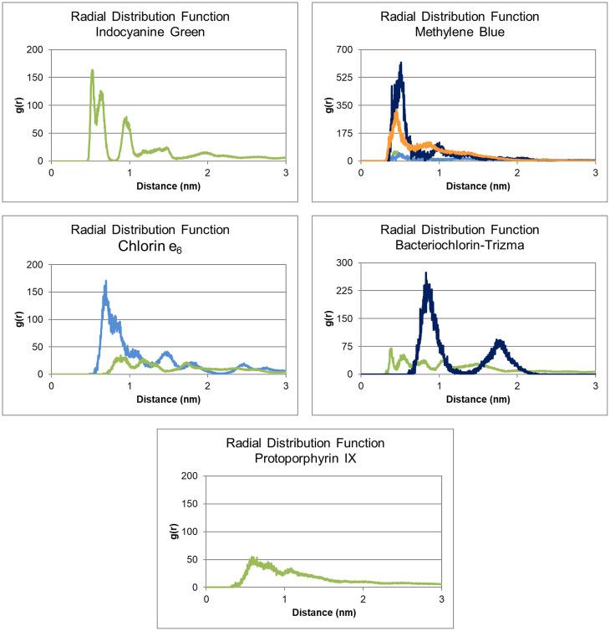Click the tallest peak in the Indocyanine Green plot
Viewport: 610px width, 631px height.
click(x=92, y=71)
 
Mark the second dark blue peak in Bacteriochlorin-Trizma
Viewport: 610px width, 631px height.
click(x=500, y=341)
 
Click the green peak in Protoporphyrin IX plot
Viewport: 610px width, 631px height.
click(x=252, y=558)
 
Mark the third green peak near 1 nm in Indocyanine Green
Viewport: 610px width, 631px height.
click(x=126, y=120)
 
